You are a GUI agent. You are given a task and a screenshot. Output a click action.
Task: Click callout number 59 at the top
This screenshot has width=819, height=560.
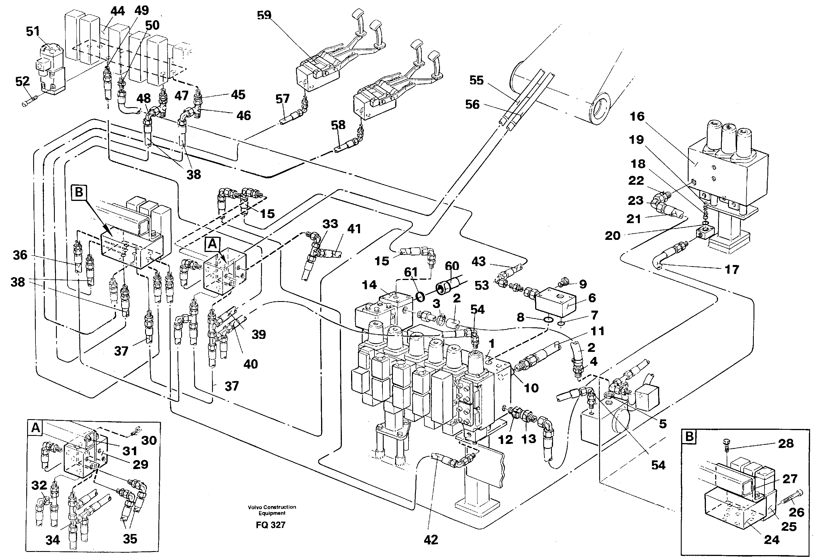point(264,15)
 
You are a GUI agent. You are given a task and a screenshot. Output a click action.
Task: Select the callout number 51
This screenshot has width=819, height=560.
point(33,31)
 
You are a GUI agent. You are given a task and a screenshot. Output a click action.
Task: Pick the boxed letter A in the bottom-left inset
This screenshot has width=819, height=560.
point(35,428)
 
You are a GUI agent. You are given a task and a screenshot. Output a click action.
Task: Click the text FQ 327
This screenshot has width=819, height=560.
point(270,525)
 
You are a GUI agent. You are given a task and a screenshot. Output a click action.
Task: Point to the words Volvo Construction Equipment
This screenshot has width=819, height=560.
point(272,510)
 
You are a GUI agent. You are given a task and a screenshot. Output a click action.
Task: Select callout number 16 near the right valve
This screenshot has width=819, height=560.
point(637,116)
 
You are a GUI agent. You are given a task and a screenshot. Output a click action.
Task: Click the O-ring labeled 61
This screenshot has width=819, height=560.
point(420,297)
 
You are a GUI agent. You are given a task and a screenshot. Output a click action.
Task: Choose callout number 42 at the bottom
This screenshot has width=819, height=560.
point(431,540)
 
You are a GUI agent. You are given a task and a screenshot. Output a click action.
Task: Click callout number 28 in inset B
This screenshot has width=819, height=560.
point(786,443)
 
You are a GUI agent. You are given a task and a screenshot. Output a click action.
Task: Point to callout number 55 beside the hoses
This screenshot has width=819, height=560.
point(476,81)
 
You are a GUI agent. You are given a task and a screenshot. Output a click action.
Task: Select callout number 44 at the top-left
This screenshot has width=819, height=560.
point(117,11)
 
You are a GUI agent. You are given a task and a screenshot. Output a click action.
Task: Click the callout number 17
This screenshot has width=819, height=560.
point(732,270)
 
